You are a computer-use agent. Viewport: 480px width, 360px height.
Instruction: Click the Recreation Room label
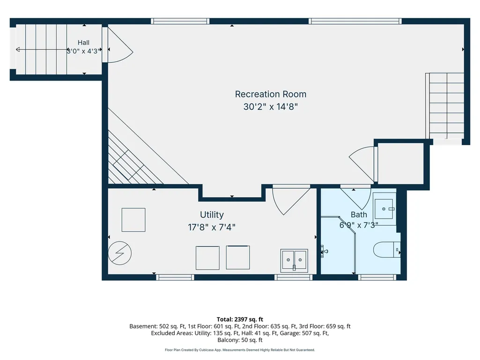[271, 94]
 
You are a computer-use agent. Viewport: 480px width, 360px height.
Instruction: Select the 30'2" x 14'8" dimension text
[271, 107]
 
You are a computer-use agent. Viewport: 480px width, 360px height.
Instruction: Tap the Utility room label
[212, 214]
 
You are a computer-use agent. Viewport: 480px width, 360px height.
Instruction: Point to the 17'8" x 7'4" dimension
[212, 227]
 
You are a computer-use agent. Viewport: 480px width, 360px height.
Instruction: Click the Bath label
[359, 214]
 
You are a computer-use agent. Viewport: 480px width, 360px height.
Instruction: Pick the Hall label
[83, 43]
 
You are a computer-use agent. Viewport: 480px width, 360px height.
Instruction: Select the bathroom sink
[384, 209]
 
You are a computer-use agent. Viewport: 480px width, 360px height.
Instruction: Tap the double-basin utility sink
[294, 260]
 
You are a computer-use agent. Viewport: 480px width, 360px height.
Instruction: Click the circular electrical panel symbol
[120, 253]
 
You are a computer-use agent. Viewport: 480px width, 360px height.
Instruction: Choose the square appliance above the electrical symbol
[133, 220]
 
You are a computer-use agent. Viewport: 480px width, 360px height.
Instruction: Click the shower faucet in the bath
[324, 252]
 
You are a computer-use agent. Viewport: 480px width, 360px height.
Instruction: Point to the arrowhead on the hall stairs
[18, 50]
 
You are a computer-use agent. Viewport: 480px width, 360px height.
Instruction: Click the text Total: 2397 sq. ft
[240, 319]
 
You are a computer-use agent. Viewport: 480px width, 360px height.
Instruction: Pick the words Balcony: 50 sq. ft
[240, 340]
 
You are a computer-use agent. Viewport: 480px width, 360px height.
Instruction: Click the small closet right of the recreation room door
[401, 163]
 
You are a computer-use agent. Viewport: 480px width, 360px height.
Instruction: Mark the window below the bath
[377, 277]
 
